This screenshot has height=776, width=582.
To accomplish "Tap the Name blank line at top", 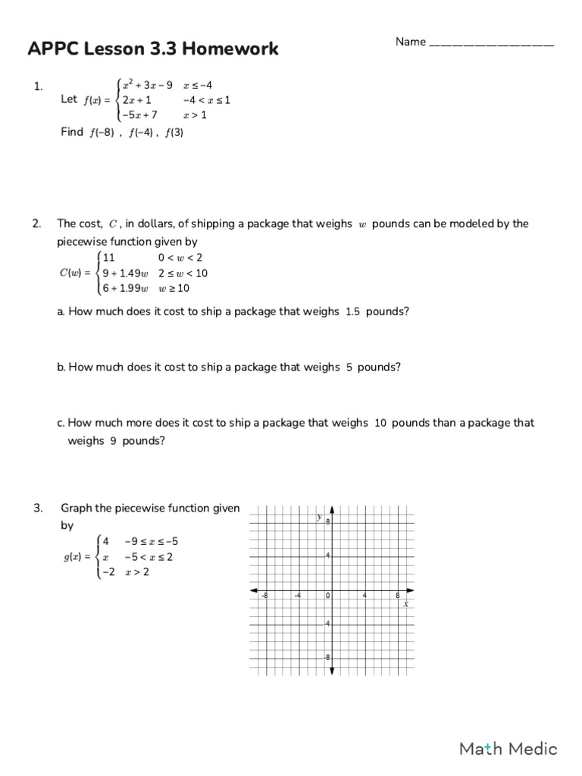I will coord(491,43).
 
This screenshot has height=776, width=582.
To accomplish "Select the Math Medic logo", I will coord(508,749).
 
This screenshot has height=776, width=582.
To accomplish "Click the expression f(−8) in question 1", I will coord(101,132).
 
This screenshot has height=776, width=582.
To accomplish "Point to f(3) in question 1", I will coord(174,132).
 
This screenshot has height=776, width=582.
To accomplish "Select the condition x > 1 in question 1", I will coord(195,115).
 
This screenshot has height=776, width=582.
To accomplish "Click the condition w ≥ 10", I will coord(175,288).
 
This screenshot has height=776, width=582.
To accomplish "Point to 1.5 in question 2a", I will coord(352,311).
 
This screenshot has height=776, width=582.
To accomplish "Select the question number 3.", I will coord(37,508).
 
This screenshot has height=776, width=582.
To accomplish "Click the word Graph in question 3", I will coord(77,508).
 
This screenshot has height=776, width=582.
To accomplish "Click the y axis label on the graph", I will coord(319,516).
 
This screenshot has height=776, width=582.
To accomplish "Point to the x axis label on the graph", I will coord(406,604).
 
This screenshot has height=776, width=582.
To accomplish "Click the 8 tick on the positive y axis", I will coord(328,522).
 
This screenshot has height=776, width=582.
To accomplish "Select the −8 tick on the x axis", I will coord(264,596).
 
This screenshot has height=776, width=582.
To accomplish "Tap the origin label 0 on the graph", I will coord(327,596).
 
